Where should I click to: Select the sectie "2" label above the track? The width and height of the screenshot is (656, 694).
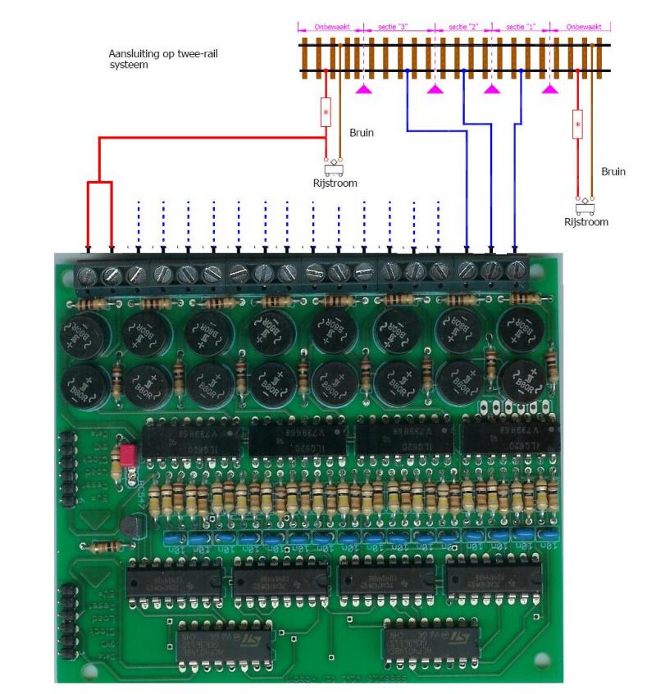point(463,27)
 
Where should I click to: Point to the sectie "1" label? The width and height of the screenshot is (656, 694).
point(521,27)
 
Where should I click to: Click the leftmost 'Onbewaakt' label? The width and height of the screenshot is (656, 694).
point(332,27)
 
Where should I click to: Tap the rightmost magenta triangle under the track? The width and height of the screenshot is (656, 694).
point(551,88)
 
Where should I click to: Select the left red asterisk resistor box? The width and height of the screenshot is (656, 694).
point(326,111)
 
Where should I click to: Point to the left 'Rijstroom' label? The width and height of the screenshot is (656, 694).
point(335,183)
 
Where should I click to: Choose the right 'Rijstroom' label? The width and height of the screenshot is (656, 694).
point(586,221)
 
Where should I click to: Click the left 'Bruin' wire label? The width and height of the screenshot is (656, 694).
point(362,131)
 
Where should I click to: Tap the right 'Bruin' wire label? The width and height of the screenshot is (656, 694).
point(613,172)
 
